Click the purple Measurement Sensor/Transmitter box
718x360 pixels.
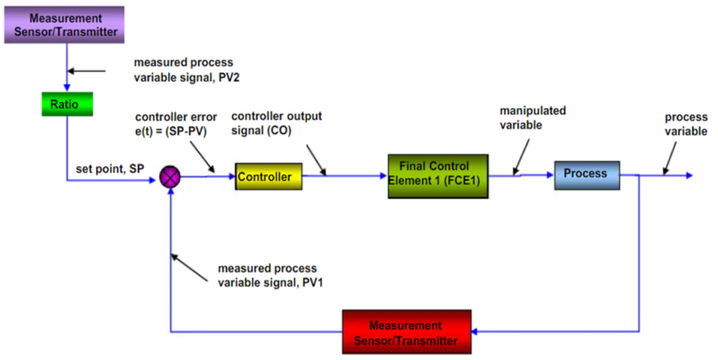pos(66,24)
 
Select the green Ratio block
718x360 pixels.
pos(66,103)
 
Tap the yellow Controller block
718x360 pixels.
pos(267,177)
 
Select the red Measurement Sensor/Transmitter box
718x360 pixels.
pos(407,331)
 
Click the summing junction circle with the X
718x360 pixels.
pos(170,177)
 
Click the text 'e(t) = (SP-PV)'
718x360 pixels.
pos(175,130)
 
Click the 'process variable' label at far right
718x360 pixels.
pos(686,124)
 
